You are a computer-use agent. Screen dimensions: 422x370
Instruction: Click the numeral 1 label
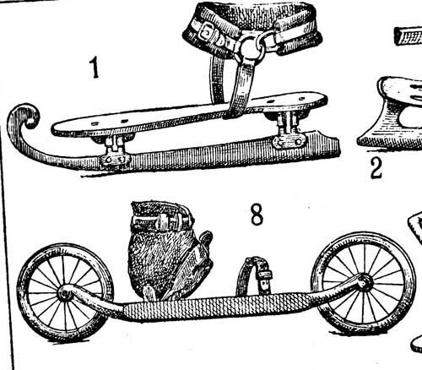[x=95, y=68]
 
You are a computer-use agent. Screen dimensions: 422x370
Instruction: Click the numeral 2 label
[x=376, y=168]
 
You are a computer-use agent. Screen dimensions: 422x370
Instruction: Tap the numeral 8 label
[x=257, y=214]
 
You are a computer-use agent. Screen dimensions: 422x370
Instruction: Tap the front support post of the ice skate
[x=115, y=150]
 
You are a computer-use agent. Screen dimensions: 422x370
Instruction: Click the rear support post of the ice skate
[x=289, y=129]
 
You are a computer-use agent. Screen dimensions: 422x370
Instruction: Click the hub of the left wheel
[x=65, y=294]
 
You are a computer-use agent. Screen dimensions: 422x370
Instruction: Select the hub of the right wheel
[x=364, y=282]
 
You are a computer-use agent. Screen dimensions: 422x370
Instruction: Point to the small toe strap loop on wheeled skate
[x=254, y=276]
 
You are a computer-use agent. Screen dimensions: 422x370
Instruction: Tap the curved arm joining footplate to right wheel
[x=336, y=290]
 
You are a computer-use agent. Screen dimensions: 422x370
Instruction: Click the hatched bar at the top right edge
[x=408, y=36]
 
